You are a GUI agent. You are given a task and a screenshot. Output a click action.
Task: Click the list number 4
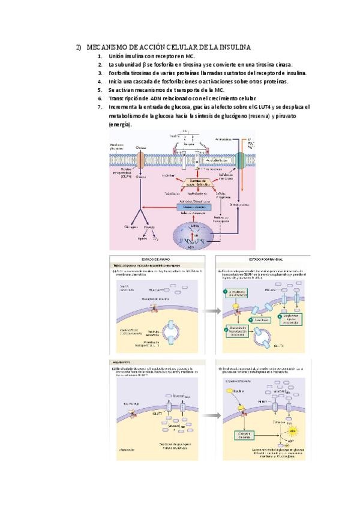pos(100,81)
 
